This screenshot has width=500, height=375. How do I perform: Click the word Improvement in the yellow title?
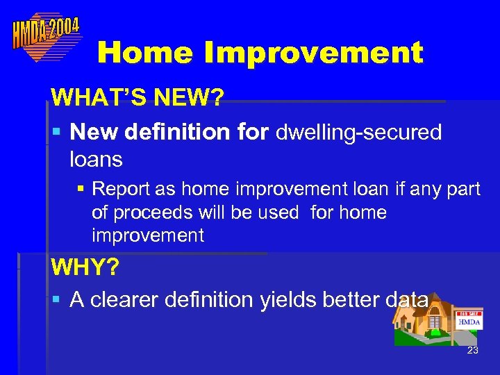pos(306,53)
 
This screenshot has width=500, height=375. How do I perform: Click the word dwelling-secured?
pos(359,132)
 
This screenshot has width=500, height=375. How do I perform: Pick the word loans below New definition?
pos(96,160)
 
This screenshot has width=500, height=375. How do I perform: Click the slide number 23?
pos(473,351)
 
